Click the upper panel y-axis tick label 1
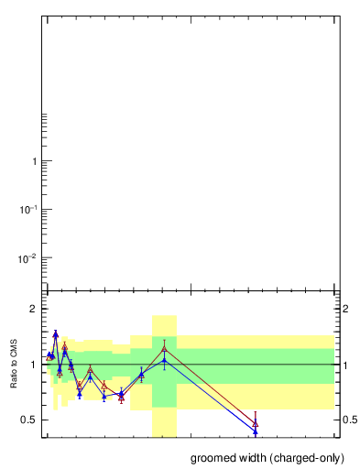tap(34, 161)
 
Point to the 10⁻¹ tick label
tap(27, 210)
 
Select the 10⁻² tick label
tap(27, 258)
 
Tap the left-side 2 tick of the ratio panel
tap(33, 309)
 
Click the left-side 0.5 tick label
tap(29, 420)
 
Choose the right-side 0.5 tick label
tap(349, 420)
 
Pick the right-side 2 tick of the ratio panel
tap(345, 309)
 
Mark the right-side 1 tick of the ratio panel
tap(344, 365)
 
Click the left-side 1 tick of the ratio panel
tap(33, 365)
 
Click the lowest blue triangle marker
tap(256, 431)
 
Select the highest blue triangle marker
tap(55, 334)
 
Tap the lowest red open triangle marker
tap(256, 423)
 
